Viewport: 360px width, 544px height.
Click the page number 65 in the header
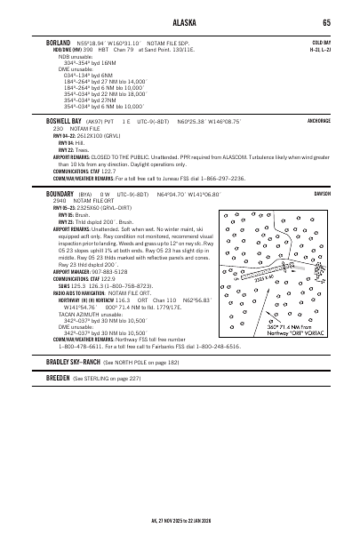pos(327,23)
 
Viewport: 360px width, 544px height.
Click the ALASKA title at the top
pos(179,23)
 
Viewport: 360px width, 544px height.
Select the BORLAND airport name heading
pos(59,41)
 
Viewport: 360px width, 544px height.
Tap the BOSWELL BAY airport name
pos(64,121)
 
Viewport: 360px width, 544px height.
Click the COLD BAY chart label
pos(322,42)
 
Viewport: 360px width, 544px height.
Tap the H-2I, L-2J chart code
pos(322,49)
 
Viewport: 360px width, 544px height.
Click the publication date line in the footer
pos(179,523)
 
